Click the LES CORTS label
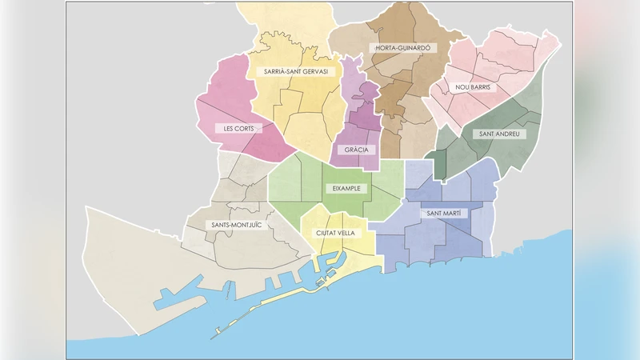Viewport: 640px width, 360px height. pyautogui.click(x=238, y=128)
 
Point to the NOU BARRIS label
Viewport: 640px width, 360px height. pyautogui.click(x=472, y=87)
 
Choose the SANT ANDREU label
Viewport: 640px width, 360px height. pyautogui.click(x=498, y=134)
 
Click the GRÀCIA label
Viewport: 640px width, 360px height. pyautogui.click(x=356, y=150)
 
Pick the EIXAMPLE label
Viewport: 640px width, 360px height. pyautogui.click(x=346, y=189)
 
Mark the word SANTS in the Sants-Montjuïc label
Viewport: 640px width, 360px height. pyautogui.click(x=217, y=226)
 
